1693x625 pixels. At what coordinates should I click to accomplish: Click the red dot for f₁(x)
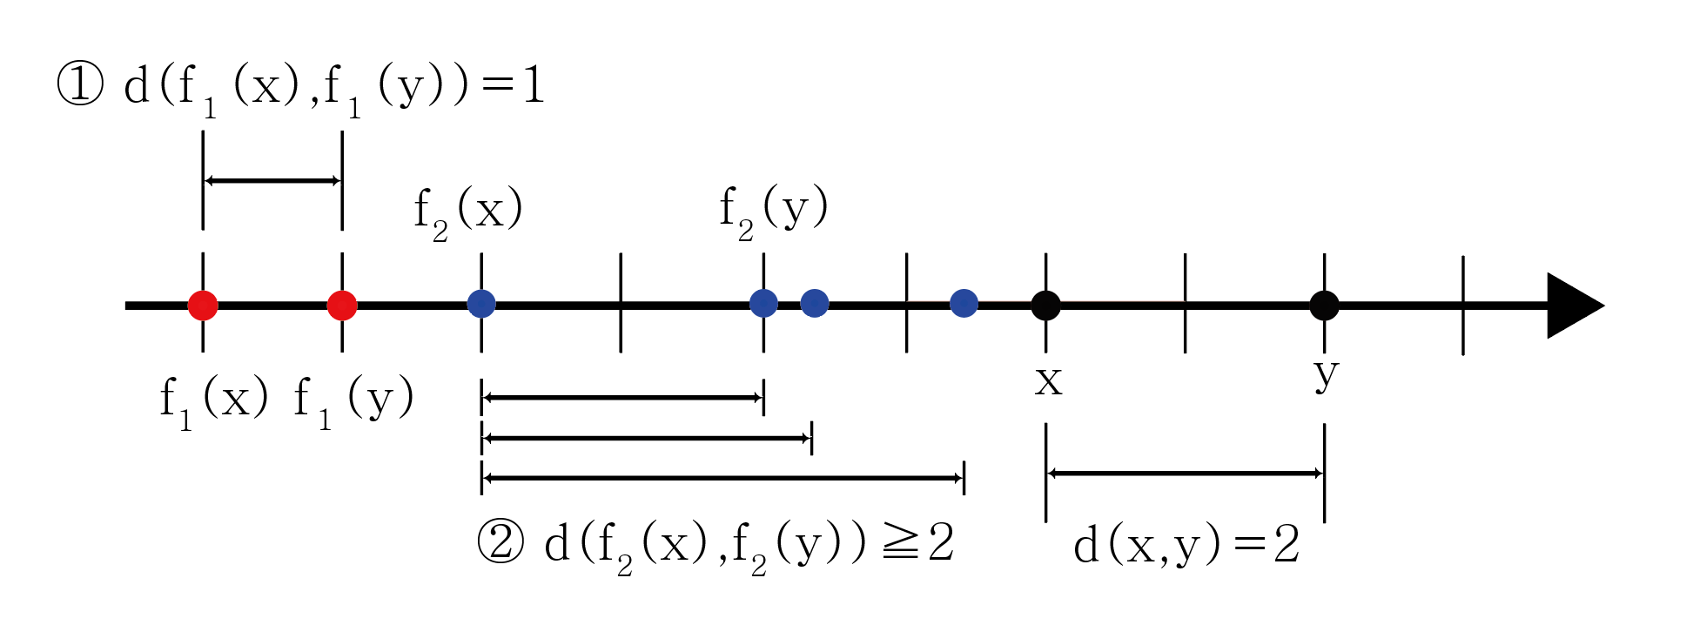203,306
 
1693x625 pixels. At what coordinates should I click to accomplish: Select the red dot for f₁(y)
342,306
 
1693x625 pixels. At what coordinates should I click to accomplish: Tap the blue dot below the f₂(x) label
481,304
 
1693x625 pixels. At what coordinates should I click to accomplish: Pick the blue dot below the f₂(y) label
763,303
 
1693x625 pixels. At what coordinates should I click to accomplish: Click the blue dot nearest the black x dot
964,303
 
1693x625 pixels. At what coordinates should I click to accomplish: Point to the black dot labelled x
1045,306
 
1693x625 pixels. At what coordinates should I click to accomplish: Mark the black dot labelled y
1324,306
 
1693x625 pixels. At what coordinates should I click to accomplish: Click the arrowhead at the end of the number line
1573,306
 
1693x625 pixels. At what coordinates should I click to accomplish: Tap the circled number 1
80,85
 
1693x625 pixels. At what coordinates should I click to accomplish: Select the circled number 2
501,542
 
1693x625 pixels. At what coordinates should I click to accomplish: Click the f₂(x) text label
468,212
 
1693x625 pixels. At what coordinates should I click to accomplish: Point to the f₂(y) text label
773,210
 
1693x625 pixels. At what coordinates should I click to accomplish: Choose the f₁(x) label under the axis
213,401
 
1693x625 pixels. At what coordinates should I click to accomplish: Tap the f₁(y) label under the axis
353,401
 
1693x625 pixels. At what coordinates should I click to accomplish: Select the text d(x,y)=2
1186,546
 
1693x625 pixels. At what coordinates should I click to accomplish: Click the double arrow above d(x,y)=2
1185,474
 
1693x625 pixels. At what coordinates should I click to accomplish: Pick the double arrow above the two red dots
272,181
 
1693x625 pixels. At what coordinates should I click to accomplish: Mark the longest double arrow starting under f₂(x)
722,478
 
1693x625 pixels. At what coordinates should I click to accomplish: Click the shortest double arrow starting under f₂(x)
622,398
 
